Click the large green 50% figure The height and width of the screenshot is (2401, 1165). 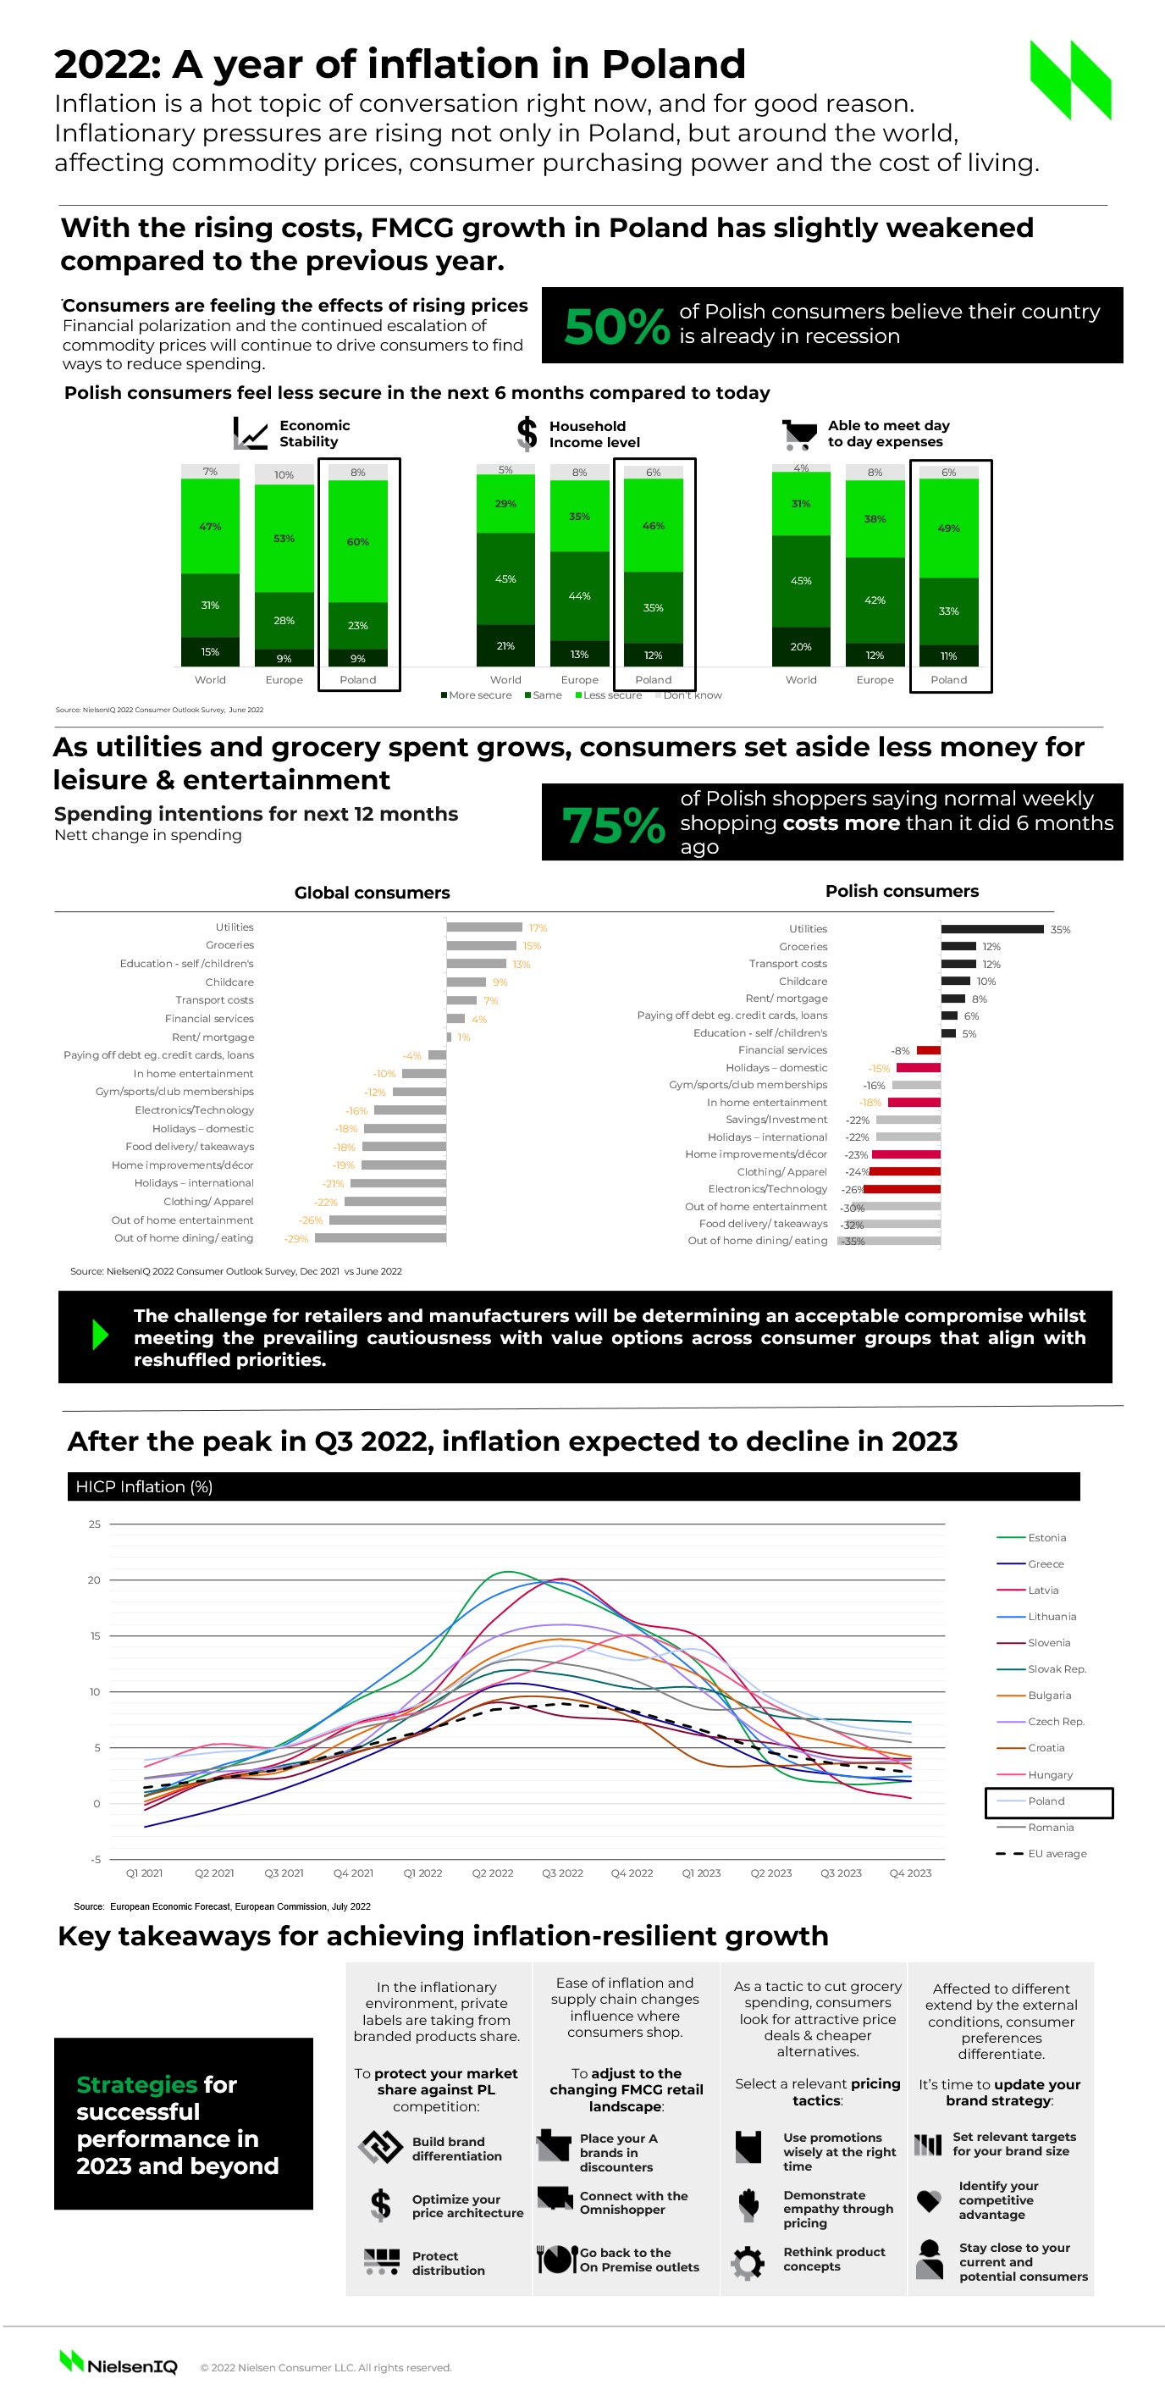coord(616,326)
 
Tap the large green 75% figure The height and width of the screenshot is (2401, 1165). coord(613,825)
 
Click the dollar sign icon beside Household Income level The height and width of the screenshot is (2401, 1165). coord(527,434)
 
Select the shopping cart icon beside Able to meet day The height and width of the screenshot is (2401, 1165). coord(799,434)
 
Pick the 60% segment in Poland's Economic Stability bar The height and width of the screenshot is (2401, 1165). coord(358,541)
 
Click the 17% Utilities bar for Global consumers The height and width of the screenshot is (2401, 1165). coord(483,927)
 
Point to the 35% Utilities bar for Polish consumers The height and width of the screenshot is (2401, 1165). coord(991,929)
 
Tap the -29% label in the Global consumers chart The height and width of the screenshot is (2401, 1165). coord(295,1239)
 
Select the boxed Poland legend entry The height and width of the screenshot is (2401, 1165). coord(1047,1801)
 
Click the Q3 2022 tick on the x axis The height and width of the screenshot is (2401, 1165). coord(562,1873)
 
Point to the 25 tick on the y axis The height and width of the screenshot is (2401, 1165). coord(95,1524)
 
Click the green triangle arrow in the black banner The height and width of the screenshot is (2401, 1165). coord(101,1336)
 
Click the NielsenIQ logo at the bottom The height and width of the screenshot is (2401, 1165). coord(119,2365)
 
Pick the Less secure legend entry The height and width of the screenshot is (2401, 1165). coord(611,695)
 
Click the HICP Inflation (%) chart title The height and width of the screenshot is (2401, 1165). coord(145,1486)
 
